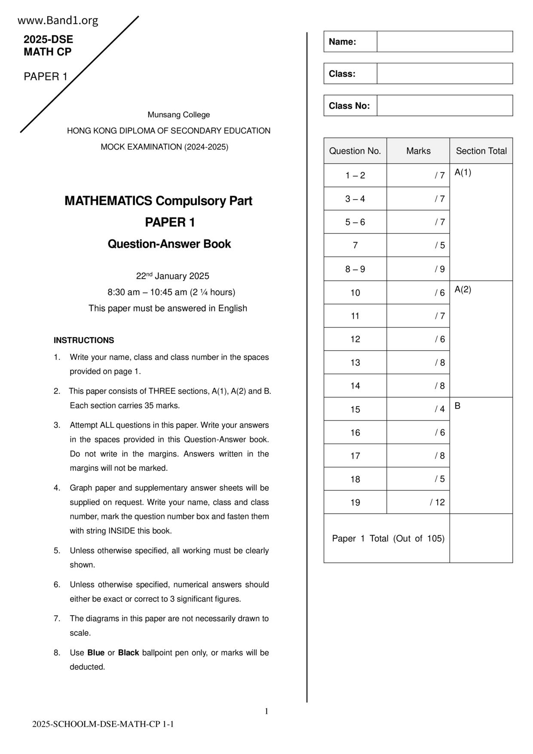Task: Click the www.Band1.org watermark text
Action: pos(58,21)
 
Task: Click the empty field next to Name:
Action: pos(444,42)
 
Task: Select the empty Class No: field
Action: pos(444,106)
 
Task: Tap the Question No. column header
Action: pos(355,151)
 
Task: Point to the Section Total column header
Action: pos(481,151)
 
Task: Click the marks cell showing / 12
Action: pos(418,503)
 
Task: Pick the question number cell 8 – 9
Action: pos(355,269)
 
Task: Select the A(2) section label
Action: pos(463,290)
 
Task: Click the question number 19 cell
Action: pos(355,503)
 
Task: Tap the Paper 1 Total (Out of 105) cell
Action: pos(388,539)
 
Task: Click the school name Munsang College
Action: pos(179,115)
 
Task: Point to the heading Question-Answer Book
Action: pos(169,244)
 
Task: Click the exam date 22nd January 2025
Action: pos(172,276)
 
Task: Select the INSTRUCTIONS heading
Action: pos(84,340)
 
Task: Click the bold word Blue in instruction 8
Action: pos(96,653)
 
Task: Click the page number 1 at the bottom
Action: pos(266,711)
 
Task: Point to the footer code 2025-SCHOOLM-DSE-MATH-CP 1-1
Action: pos(103,724)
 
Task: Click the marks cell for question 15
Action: pos(418,409)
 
